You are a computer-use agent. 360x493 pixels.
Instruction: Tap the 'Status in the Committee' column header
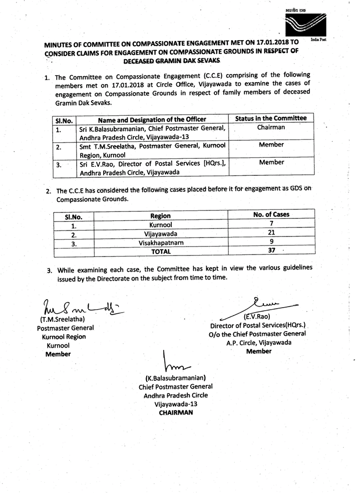click(x=270, y=118)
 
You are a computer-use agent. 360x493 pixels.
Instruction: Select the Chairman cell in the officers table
click(x=271, y=127)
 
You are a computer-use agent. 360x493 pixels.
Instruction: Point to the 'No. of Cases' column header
click(x=271, y=214)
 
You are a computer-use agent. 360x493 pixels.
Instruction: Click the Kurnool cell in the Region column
click(x=160, y=224)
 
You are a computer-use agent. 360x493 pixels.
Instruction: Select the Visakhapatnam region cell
click(x=160, y=242)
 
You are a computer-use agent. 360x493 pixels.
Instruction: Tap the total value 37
click(x=271, y=252)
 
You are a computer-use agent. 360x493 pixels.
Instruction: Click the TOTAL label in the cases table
click(x=161, y=252)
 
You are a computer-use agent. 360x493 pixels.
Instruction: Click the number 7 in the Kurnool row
click(x=271, y=224)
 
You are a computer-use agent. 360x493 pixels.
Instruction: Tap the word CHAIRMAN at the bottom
click(x=175, y=412)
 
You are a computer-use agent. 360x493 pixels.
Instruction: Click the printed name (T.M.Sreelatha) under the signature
click(x=65, y=320)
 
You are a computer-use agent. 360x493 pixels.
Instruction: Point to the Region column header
click(x=160, y=215)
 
